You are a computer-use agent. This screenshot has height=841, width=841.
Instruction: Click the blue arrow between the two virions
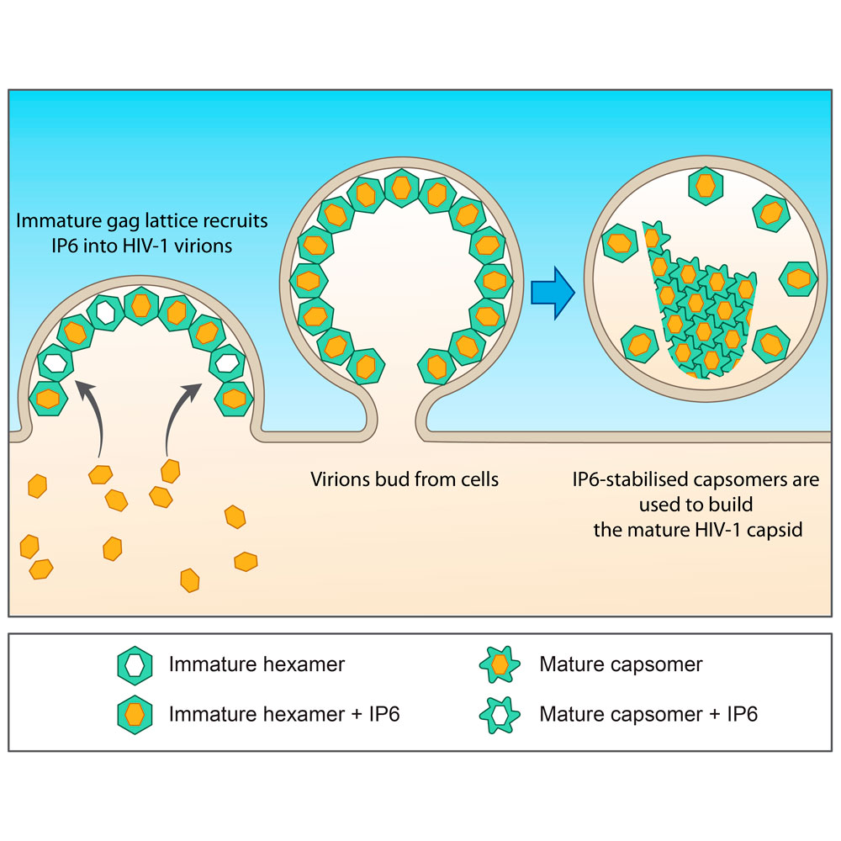click(552, 292)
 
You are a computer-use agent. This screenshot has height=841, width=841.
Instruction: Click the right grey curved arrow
click(178, 416)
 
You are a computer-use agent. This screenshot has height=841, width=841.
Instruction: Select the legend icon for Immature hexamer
click(134, 665)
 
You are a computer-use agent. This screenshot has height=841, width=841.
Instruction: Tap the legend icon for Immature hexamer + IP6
click(134, 715)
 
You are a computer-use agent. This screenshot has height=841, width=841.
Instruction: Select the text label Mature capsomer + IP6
click(648, 715)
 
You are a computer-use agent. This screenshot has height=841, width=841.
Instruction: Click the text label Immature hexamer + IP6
click(284, 715)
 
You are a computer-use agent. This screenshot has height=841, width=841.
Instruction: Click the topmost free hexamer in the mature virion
click(706, 185)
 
